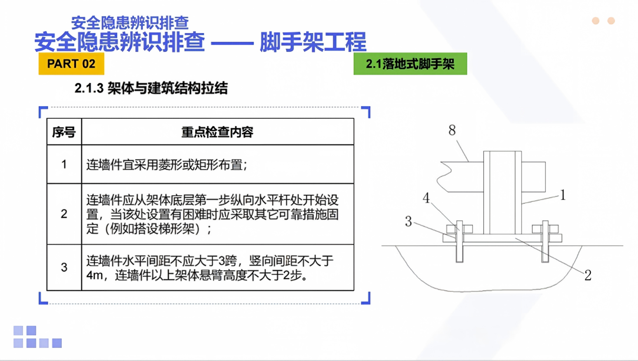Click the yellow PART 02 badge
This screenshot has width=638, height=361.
pos(71,64)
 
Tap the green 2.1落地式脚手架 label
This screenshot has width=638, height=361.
pos(410,64)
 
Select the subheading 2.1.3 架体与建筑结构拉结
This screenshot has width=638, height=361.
pos(151,88)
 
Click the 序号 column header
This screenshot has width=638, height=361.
pos(64,132)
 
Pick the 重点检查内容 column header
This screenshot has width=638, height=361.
pos(217,132)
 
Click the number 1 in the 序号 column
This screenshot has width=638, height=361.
pos(64,164)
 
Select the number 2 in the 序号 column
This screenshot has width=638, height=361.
pos(64,214)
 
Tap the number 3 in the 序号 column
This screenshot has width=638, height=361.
pos(64,267)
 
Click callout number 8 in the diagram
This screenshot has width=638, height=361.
pos(452,130)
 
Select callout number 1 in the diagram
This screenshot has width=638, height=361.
pos(562,195)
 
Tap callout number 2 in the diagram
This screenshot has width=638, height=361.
pos(588,275)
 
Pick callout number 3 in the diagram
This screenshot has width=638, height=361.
pos(408,221)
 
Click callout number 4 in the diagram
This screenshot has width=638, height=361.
pos(426,198)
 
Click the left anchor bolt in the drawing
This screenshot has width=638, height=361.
pos(459,241)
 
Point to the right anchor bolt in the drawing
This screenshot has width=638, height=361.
pos(545,241)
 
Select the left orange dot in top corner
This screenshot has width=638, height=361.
pos(595,21)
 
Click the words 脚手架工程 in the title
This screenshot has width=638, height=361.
pos(313,42)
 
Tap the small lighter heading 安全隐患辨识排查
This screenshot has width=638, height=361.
pos(130,23)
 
